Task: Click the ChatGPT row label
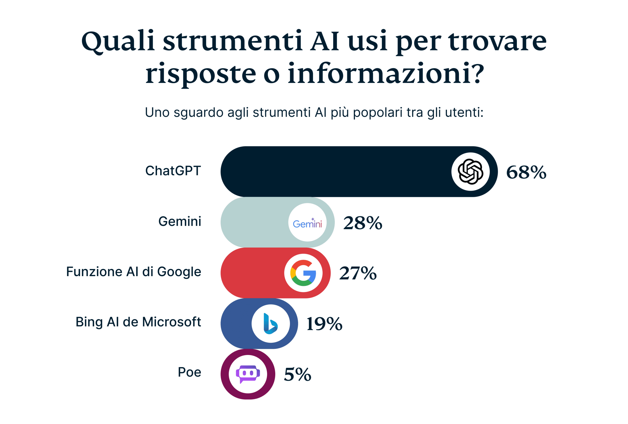click(173, 171)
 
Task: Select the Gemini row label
click(180, 222)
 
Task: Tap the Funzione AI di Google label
click(134, 272)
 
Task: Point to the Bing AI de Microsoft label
click(138, 322)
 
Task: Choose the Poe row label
click(189, 372)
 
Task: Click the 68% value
click(526, 172)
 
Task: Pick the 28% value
click(363, 223)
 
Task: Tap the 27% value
click(358, 273)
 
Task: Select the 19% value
click(324, 324)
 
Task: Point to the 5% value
click(298, 375)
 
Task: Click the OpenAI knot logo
click(470, 172)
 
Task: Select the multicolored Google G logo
click(303, 273)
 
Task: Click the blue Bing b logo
click(271, 324)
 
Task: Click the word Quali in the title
click(118, 41)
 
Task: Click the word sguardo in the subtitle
click(198, 113)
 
